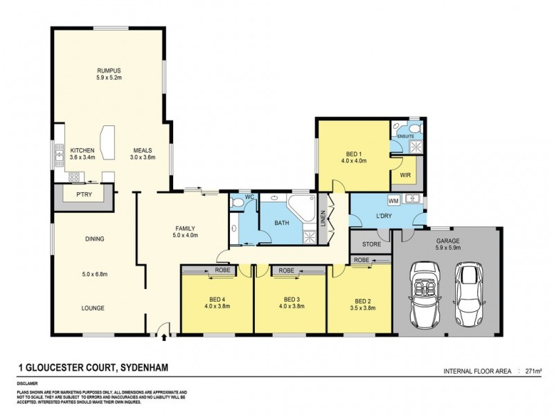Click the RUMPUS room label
pos(109,71)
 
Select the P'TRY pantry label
pos(84,195)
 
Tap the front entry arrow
pos(164,338)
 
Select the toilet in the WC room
pos(239,202)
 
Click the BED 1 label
pos(355,154)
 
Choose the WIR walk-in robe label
pos(405,176)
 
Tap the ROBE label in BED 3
pos(287,270)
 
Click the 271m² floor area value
pos(533,371)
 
